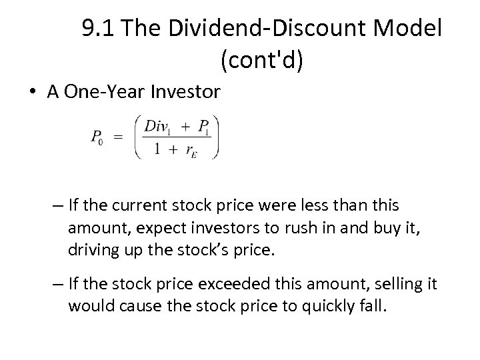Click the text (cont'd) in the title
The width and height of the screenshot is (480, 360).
pos(261,61)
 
